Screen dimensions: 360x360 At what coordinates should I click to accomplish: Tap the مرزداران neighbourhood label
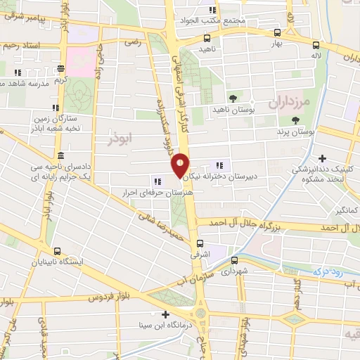(x=288, y=99)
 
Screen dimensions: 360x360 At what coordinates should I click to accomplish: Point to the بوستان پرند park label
(x=294, y=131)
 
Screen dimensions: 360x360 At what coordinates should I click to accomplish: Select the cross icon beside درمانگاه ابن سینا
(x=165, y=314)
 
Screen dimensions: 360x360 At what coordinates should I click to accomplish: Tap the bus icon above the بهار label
(x=276, y=32)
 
